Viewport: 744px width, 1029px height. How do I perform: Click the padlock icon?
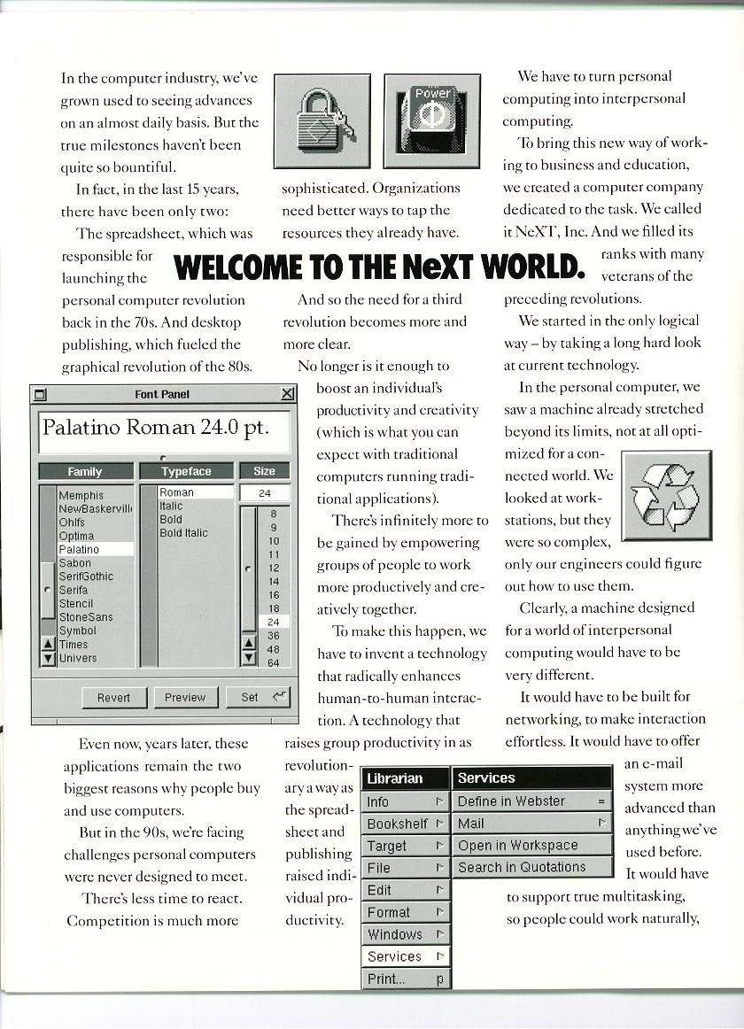click(x=322, y=121)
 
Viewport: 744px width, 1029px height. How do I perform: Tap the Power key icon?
click(x=432, y=121)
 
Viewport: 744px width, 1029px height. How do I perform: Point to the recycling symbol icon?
click(x=666, y=496)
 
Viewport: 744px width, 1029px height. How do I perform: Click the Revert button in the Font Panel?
click(x=113, y=698)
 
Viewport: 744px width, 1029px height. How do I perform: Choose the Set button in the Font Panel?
click(x=258, y=697)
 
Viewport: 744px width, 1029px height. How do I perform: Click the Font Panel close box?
click(x=287, y=394)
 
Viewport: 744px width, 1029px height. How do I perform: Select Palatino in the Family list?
click(x=79, y=549)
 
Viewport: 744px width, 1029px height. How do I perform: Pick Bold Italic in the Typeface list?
click(x=183, y=533)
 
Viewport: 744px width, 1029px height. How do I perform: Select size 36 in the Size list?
click(x=273, y=636)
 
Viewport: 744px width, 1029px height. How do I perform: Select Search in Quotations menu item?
click(x=522, y=868)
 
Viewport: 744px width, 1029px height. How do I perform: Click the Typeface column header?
click(x=187, y=472)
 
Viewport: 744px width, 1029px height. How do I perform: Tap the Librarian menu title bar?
click(x=406, y=778)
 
